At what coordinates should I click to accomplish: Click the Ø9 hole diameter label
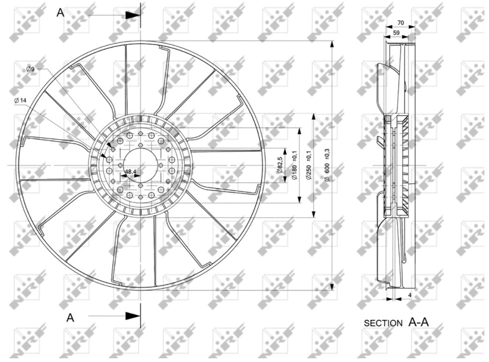click(x=29, y=70)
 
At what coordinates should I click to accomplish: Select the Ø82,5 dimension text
click(x=279, y=165)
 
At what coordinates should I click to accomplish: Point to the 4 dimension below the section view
click(x=410, y=296)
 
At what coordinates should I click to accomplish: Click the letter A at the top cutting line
click(x=61, y=12)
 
